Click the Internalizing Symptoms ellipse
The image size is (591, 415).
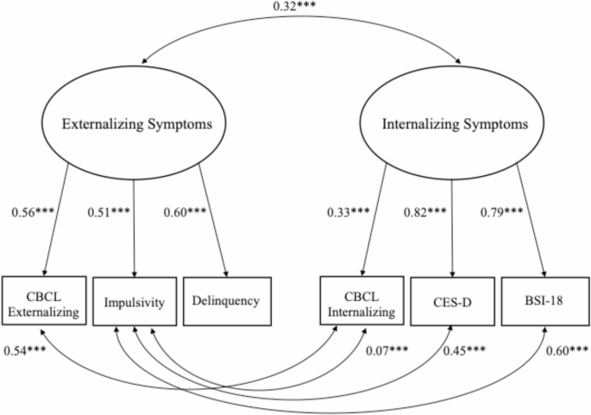455,125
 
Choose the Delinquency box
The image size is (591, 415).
227,301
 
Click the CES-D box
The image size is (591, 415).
454,301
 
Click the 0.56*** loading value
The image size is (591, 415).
35,211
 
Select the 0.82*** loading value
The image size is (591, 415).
427,211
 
